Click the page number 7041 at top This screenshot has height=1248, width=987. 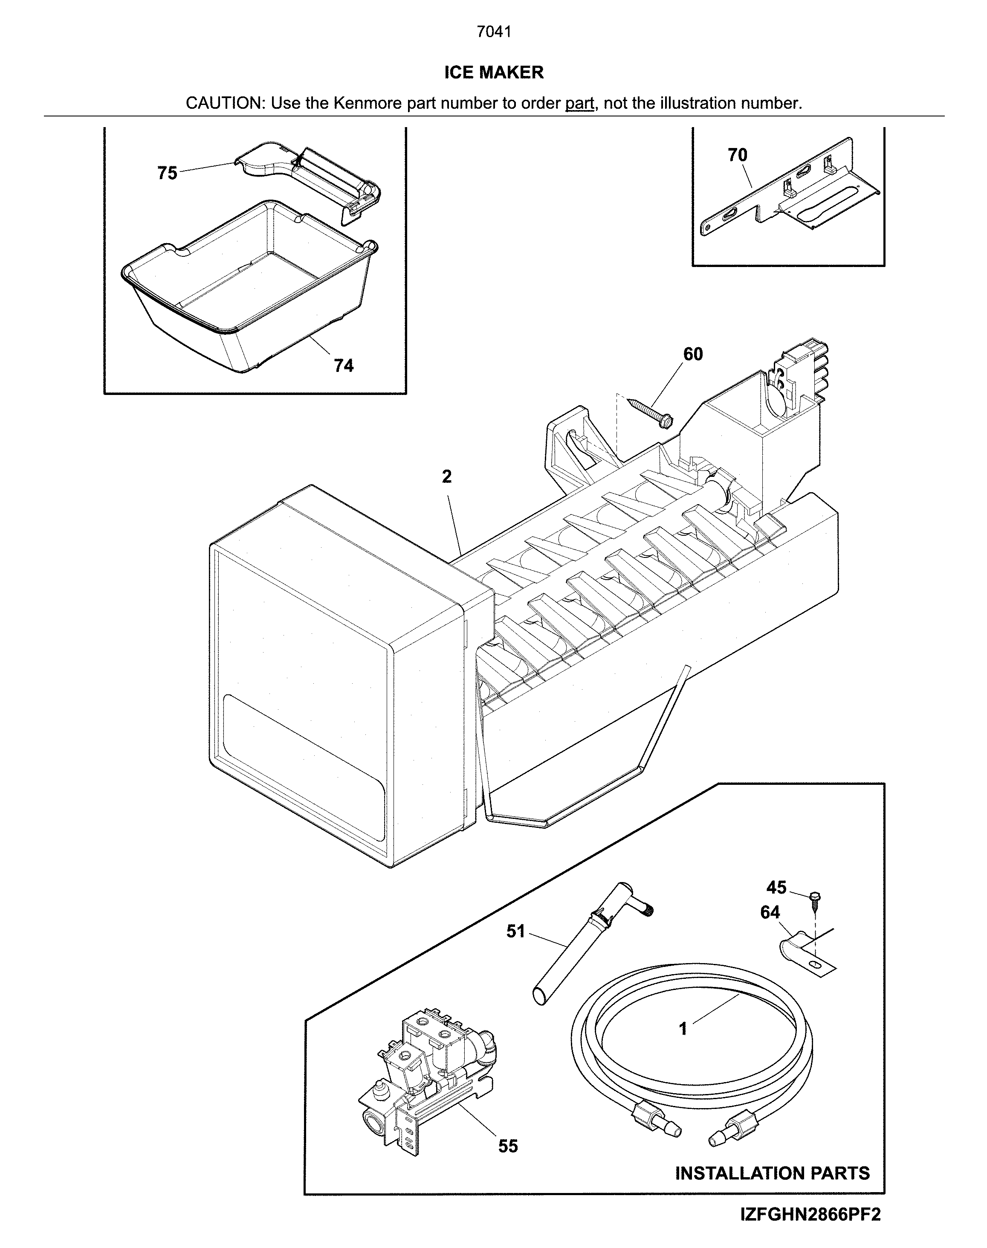(x=494, y=32)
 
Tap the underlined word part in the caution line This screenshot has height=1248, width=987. (x=579, y=104)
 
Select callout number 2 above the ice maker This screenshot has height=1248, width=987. (x=447, y=477)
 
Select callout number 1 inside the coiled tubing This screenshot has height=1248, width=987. (x=683, y=1028)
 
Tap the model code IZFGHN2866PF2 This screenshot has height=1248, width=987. (x=810, y=1229)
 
